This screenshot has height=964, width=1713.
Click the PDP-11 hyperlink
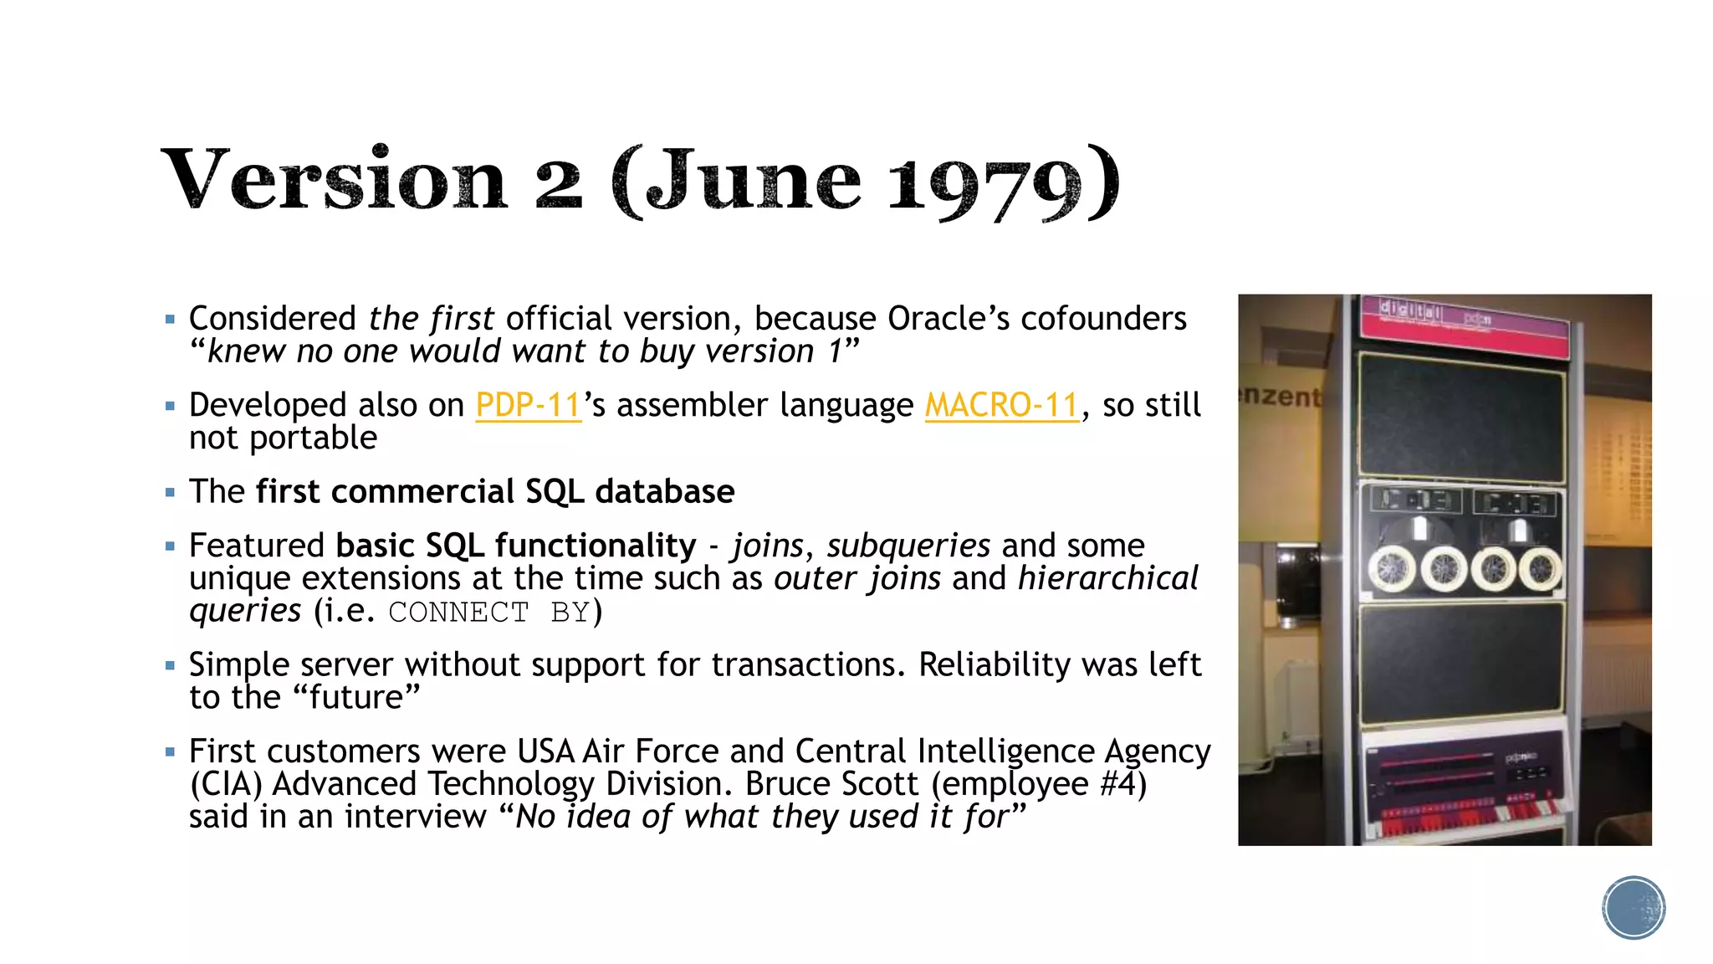(528, 406)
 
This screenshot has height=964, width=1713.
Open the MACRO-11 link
(1002, 406)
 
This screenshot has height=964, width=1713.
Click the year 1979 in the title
(984, 183)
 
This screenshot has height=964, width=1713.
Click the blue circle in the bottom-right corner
(1634, 908)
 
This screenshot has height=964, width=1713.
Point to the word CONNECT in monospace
(458, 613)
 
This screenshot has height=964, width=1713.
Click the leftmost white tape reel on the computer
(1392, 569)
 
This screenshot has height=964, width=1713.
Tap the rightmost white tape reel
(1540, 569)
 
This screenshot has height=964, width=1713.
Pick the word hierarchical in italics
(1108, 578)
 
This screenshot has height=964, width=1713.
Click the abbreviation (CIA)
(226, 784)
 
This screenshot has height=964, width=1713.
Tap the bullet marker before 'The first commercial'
(171, 492)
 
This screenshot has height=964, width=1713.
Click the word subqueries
(908, 546)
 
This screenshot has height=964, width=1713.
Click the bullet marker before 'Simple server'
(171, 665)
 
